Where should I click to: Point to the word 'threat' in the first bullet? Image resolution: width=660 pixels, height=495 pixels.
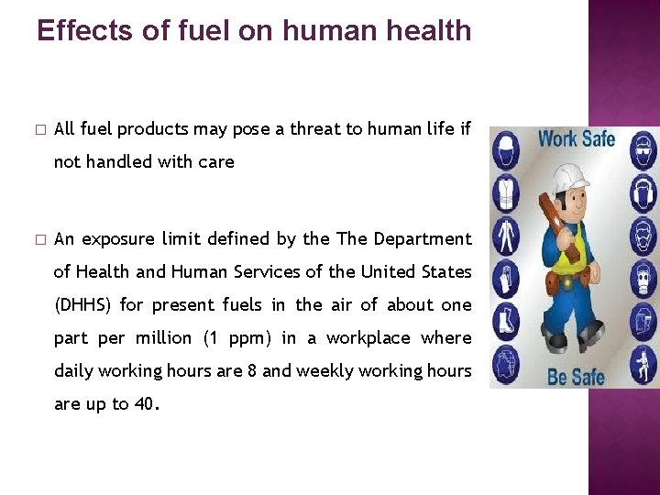point(310,129)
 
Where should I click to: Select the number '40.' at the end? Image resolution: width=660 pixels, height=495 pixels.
point(146,403)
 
